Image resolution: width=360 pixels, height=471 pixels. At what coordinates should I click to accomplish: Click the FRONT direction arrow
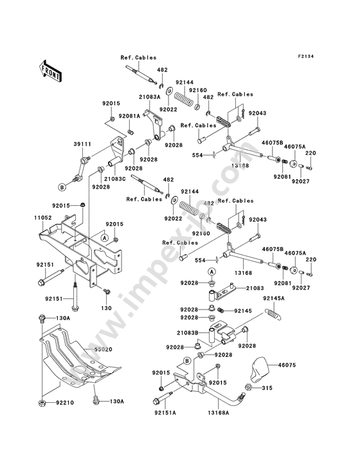pyautogui.click(x=50, y=71)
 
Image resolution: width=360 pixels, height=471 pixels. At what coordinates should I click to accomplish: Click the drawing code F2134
pyautogui.click(x=306, y=56)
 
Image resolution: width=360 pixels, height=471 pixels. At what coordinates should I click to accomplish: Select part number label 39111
pyautogui.click(x=81, y=144)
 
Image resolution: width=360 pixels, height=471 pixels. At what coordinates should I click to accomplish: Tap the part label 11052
pyautogui.click(x=42, y=217)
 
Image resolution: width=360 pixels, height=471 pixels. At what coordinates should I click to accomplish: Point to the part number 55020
pyautogui.click(x=104, y=349)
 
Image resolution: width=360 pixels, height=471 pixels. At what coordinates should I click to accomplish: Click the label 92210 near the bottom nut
pyautogui.click(x=64, y=403)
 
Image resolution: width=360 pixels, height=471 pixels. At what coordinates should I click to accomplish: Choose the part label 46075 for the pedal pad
pyautogui.click(x=287, y=365)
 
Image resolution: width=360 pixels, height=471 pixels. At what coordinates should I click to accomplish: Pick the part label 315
pyautogui.click(x=267, y=388)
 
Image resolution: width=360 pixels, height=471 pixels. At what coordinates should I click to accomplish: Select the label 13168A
pyautogui.click(x=218, y=412)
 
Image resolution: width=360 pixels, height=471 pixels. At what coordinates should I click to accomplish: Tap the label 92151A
pyautogui.click(x=165, y=412)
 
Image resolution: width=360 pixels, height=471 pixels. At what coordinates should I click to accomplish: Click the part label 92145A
pyautogui.click(x=274, y=299)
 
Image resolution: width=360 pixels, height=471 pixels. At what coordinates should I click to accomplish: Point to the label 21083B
pyautogui.click(x=188, y=333)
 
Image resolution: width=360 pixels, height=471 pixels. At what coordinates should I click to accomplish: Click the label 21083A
pyautogui.click(x=149, y=97)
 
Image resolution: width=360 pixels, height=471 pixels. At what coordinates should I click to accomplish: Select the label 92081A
pyautogui.click(x=129, y=116)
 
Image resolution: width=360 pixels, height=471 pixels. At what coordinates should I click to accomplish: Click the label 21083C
pyautogui.click(x=115, y=179)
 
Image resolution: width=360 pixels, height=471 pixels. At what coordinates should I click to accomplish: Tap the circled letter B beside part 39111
pyautogui.click(x=62, y=187)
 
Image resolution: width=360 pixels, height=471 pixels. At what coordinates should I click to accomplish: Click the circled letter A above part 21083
pyautogui.click(x=212, y=272)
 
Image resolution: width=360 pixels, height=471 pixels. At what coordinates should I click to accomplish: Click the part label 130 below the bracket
pyautogui.click(x=106, y=308)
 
